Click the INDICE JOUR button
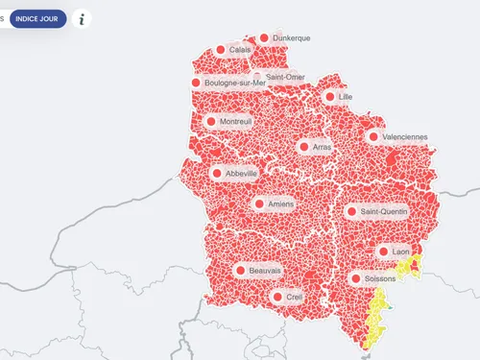pos(38,19)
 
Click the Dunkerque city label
pos(291,38)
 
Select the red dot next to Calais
pos(220,50)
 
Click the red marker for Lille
pos(329,97)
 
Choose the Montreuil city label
pos(235,122)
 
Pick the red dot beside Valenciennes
pos(372,136)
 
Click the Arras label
pos(322,147)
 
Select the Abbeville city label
pos(240,174)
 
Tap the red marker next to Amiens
pos(258,204)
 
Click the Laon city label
pos(400,252)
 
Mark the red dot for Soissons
pos(355,278)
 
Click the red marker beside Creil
pos(277,298)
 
